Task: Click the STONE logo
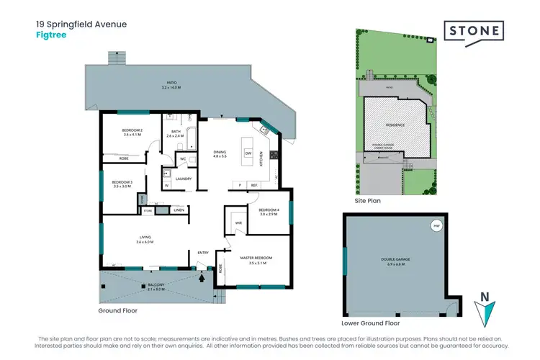pyautogui.click(x=474, y=33)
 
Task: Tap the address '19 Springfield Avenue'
pyautogui.click(x=81, y=24)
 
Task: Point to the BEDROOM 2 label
pyautogui.click(x=133, y=130)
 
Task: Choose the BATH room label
pyautogui.click(x=176, y=131)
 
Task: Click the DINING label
pyautogui.click(x=220, y=153)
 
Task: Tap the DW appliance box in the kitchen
pyautogui.click(x=248, y=153)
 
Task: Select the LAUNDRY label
pyautogui.click(x=183, y=179)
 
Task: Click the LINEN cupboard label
pyautogui.click(x=179, y=210)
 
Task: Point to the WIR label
pyautogui.click(x=238, y=224)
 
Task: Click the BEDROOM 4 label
pyautogui.click(x=269, y=210)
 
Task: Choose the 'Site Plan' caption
pyautogui.click(x=368, y=201)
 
